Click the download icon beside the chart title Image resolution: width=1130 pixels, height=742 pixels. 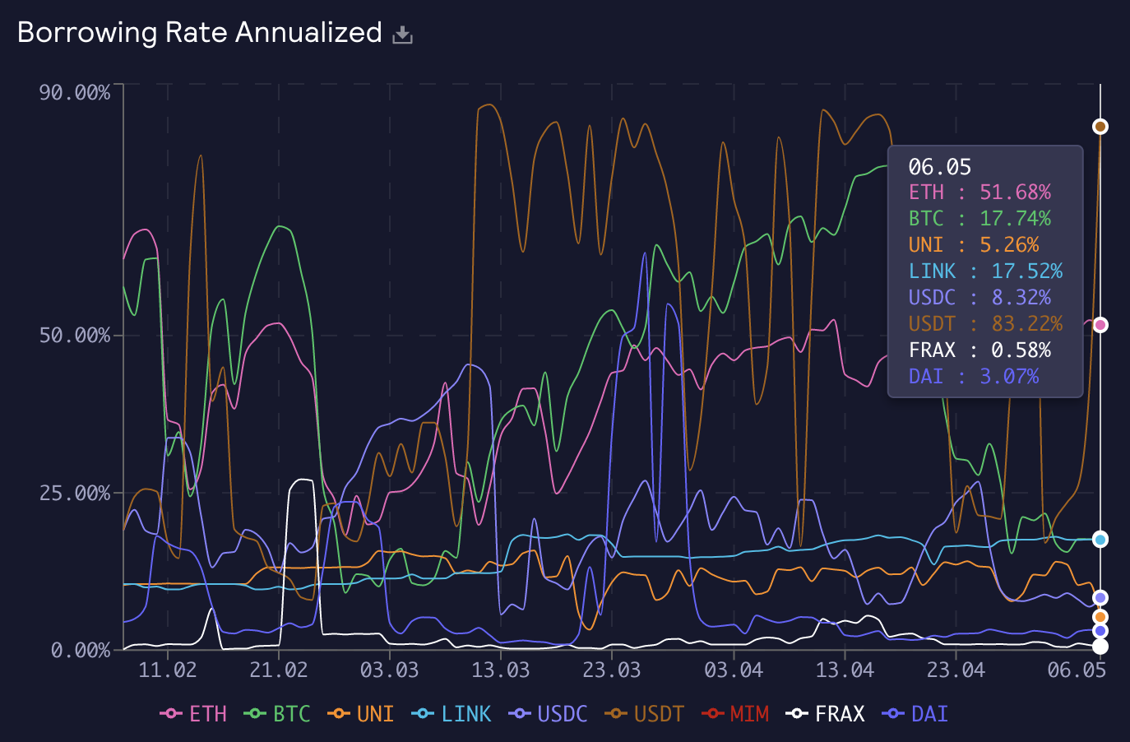402,35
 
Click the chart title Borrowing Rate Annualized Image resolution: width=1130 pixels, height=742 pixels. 199,33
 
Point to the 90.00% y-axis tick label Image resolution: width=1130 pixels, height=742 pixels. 75,92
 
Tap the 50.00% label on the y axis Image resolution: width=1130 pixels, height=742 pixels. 75,336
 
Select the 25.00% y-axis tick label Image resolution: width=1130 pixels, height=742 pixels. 75,494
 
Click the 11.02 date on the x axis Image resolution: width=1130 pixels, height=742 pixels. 168,670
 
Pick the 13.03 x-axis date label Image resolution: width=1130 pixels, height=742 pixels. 501,670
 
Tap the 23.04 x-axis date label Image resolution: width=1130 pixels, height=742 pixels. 956,670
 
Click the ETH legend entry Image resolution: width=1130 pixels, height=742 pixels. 194,714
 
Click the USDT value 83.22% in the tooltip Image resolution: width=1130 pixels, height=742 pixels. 1027,324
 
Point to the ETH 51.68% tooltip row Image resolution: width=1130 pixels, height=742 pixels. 979,192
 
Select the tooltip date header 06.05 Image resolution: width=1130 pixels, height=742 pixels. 940,167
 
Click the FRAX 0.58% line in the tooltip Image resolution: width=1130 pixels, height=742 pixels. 979,350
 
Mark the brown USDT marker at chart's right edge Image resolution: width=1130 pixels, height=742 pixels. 1100,127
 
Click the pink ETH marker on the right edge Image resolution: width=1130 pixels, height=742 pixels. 1100,325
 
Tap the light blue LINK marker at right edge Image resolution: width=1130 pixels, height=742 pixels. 1100,540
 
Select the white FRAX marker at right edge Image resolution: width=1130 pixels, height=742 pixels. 1100,647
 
